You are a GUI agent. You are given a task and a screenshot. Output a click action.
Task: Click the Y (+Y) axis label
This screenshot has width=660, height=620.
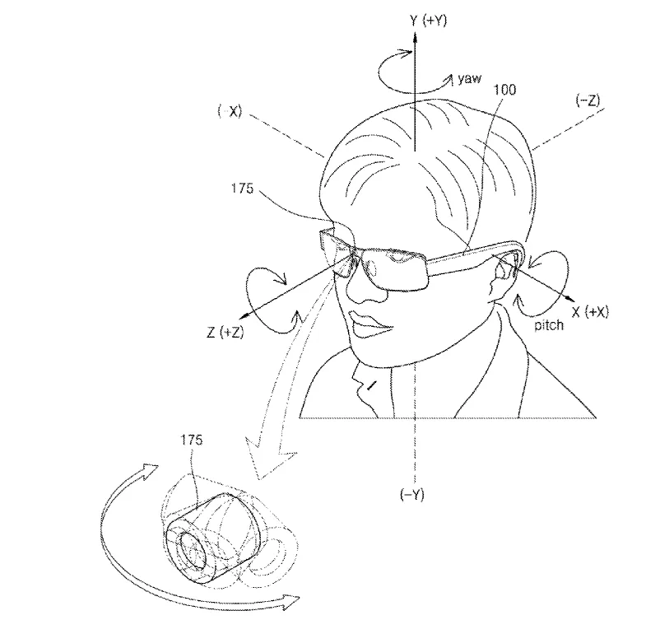(x=428, y=20)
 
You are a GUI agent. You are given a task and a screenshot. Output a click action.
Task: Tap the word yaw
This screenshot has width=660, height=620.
(x=469, y=79)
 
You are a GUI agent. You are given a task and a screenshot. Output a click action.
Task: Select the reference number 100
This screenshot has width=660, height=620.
(x=504, y=89)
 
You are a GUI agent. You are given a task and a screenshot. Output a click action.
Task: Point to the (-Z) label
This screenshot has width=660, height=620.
(x=588, y=100)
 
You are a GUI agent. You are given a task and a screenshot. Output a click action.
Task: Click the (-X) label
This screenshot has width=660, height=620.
(x=230, y=111)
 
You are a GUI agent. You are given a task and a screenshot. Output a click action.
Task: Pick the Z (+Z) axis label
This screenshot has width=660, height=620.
(x=225, y=333)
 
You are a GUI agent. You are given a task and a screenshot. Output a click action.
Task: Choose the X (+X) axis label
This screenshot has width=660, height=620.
(x=590, y=312)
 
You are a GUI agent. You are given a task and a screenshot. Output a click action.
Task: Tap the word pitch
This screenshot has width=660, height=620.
(x=549, y=325)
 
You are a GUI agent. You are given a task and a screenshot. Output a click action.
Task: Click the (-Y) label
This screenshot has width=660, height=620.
(x=412, y=494)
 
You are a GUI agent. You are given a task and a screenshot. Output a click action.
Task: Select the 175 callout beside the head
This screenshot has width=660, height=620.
(x=242, y=189)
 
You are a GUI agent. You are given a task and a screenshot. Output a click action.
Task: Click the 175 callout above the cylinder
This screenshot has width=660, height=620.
(x=192, y=440)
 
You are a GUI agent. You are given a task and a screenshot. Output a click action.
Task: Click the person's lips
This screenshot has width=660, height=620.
(x=369, y=324)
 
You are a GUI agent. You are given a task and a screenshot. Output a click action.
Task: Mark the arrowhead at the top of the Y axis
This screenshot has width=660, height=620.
(x=415, y=38)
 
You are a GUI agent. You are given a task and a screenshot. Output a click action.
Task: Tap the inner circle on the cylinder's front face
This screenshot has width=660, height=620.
(x=193, y=552)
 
